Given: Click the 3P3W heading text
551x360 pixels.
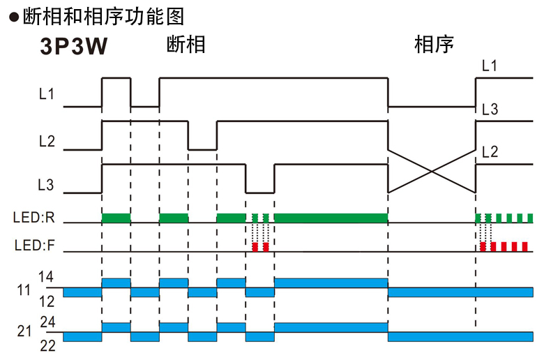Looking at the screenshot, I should tap(73, 47).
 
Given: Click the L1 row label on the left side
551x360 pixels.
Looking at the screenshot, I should tap(46, 93).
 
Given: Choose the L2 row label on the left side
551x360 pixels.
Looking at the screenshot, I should tap(46, 142).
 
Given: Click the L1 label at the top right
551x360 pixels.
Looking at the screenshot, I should tap(490, 66).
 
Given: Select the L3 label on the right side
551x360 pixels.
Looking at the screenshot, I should tap(490, 110).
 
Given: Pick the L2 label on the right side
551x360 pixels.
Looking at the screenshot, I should tap(490, 151).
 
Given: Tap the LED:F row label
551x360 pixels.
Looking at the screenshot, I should tap(33, 246).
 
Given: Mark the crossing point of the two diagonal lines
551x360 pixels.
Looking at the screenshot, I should tap(432, 170).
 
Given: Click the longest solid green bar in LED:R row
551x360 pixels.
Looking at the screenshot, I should tap(331, 218).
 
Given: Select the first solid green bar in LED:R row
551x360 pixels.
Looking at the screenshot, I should tap(116, 218).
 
